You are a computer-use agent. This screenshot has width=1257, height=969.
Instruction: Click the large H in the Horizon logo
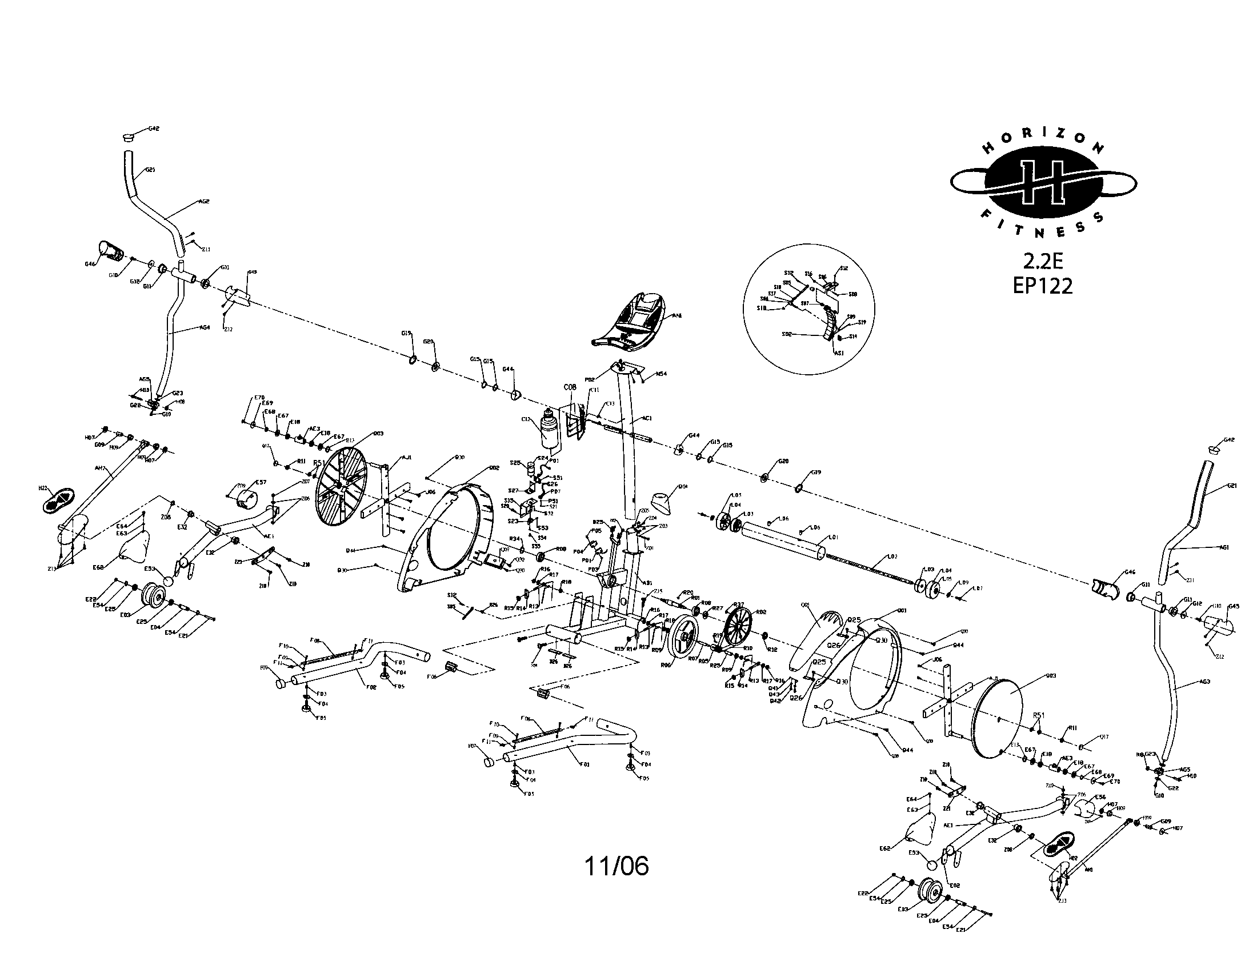point(1043,183)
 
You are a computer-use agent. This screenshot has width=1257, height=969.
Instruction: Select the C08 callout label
point(569,387)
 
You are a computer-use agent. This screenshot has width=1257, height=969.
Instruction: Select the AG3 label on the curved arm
point(1204,682)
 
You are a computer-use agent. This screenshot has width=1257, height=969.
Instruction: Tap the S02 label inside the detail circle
point(787,334)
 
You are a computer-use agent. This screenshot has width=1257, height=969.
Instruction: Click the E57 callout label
point(261,482)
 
